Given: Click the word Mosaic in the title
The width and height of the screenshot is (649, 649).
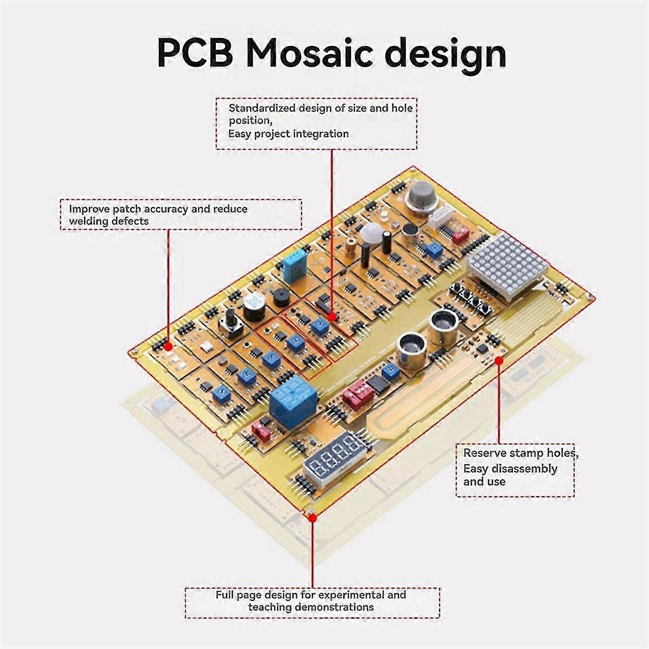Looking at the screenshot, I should pyautogui.click(x=309, y=53).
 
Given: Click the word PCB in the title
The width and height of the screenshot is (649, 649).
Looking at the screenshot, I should pyautogui.click(x=196, y=53).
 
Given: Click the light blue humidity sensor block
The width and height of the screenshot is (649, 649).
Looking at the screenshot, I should pyautogui.click(x=295, y=265).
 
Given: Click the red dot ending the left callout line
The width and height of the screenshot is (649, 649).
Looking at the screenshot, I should pyautogui.click(x=168, y=347).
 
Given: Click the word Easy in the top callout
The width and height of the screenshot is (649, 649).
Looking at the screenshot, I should pyautogui.click(x=239, y=134).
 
